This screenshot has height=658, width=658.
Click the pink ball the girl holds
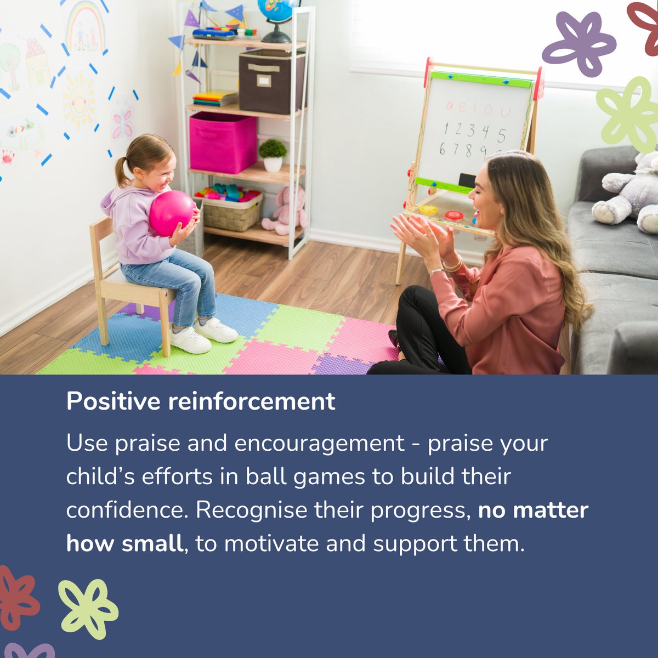(172, 213)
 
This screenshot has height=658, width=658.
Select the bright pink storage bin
(223, 142)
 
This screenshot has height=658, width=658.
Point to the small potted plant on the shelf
(273, 155)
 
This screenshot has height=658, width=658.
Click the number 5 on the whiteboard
(501, 135)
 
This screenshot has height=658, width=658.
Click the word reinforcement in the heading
(252, 401)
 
